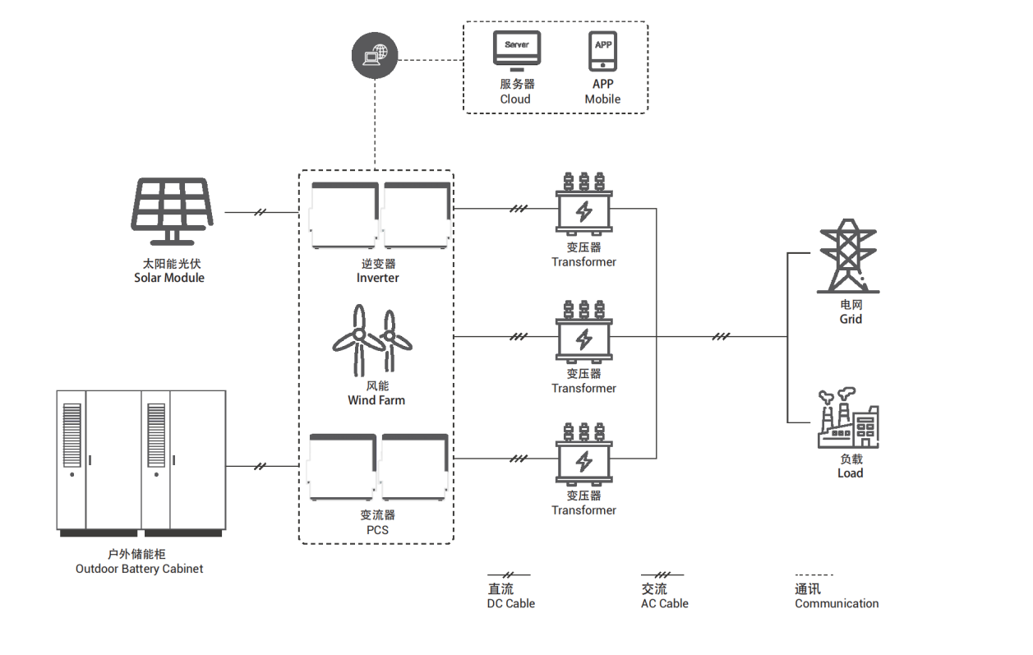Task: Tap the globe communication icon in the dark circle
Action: tap(374, 57)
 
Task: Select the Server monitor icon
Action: tap(517, 50)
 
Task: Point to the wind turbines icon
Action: tap(374, 339)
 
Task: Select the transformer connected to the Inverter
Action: tap(583, 205)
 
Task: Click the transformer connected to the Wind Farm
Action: tap(583, 333)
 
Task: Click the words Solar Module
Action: tap(169, 278)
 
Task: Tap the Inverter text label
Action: tap(378, 278)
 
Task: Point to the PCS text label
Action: tap(378, 530)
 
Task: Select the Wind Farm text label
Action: tap(376, 400)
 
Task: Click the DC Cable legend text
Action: tap(510, 603)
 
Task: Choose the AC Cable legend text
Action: tap(664, 603)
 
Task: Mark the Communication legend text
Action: tap(837, 603)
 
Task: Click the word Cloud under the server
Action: tap(515, 99)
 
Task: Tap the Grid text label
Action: tap(851, 319)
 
